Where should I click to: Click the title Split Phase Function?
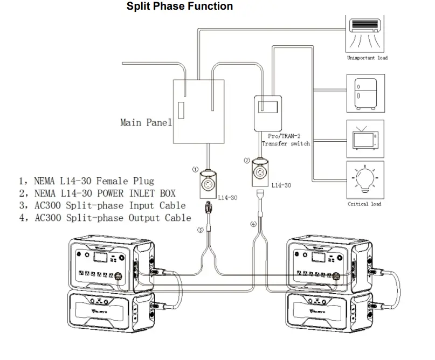coord(179,6)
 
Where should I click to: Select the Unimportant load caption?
coord(367,57)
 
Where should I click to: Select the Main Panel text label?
coord(146,122)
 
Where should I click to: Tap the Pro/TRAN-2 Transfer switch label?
coord(286,140)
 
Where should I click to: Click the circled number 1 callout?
coord(196,169)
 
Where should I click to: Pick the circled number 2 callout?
coord(247,161)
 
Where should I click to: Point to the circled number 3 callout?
coord(200,230)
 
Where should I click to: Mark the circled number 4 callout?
coord(253,223)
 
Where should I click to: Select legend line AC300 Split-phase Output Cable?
coord(105,218)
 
